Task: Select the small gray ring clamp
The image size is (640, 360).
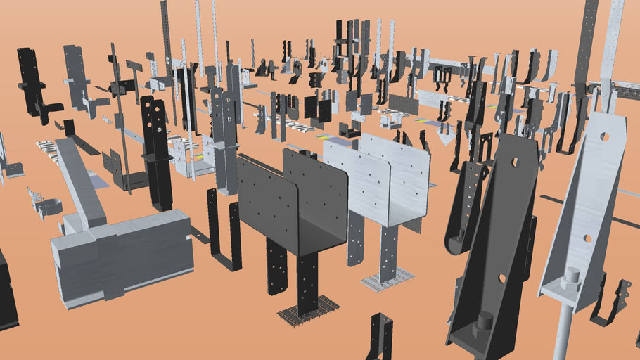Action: (x=48, y=208)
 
